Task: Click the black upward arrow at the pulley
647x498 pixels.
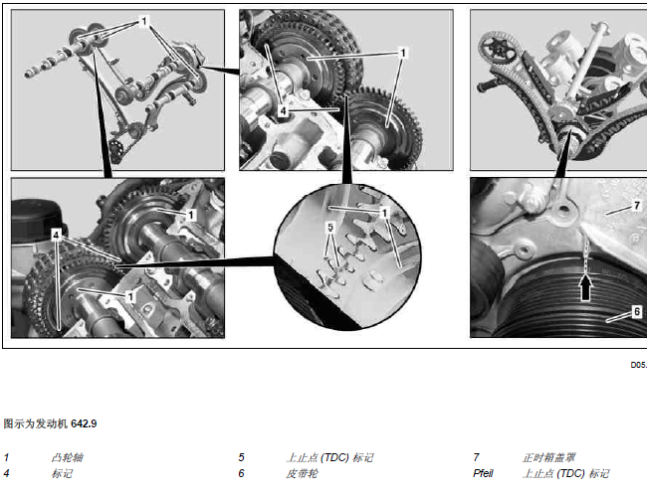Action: [x=585, y=286]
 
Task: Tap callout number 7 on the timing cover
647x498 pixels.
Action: [x=637, y=205]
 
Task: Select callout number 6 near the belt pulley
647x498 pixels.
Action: [x=637, y=311]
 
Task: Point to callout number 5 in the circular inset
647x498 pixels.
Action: [x=330, y=227]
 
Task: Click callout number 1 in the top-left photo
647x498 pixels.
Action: [x=143, y=21]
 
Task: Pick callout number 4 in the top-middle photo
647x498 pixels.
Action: [x=283, y=110]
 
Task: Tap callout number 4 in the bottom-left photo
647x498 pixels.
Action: [x=56, y=235]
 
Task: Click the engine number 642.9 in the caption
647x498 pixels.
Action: [x=84, y=423]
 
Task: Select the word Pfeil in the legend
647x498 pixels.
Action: [x=483, y=473]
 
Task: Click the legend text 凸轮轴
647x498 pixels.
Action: [x=68, y=457]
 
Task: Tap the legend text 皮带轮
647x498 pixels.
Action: [x=302, y=473]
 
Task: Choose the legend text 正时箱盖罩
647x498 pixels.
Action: [x=548, y=457]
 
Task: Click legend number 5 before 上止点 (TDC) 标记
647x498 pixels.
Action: [x=242, y=457]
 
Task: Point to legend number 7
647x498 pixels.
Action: [x=476, y=457]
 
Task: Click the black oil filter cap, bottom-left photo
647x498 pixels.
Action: [x=36, y=221]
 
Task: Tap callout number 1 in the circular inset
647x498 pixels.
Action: [x=384, y=213]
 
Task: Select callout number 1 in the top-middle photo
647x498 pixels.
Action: [x=403, y=53]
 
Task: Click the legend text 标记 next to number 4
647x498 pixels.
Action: [x=62, y=473]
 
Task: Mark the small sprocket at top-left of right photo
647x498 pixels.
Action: [x=500, y=50]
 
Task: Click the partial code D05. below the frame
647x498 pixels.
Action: [x=639, y=365]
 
